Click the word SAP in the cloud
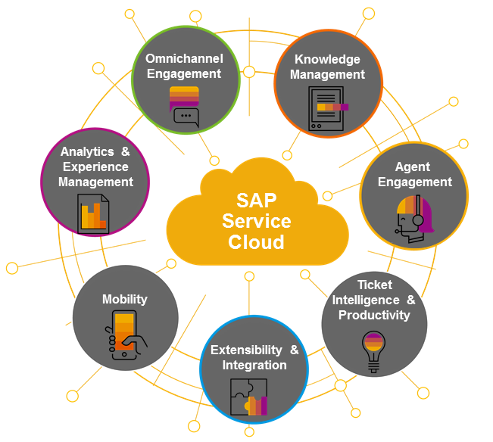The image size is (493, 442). (x=257, y=201)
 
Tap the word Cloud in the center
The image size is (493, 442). (x=257, y=241)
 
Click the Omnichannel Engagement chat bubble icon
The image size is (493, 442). (x=184, y=105)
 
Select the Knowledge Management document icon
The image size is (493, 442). (x=327, y=108)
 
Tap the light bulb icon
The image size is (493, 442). (x=373, y=351)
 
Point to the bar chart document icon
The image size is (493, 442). (x=93, y=213)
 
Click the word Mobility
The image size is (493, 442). (x=125, y=299)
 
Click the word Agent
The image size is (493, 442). (x=413, y=167)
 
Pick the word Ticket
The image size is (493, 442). (x=374, y=285)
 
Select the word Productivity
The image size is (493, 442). (x=374, y=315)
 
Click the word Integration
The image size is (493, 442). (x=254, y=366)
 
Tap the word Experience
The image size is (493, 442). (x=95, y=167)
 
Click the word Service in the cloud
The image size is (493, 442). (x=257, y=222)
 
